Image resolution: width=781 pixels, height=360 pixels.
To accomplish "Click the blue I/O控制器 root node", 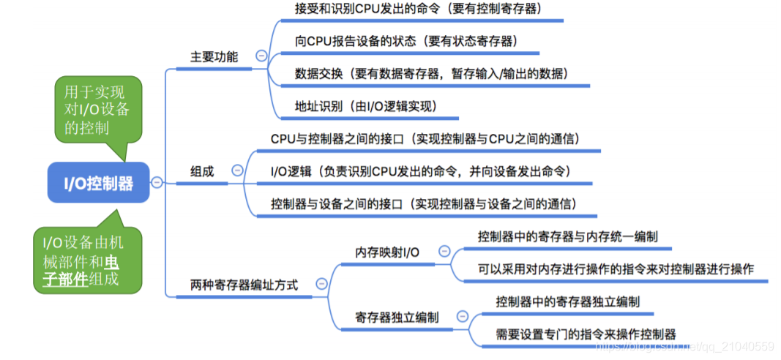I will point(99,183).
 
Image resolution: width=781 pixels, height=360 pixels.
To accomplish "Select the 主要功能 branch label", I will point(214,56).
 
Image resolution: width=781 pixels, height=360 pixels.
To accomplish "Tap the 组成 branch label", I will point(202,171).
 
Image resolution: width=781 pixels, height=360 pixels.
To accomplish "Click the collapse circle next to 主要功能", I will point(261,56).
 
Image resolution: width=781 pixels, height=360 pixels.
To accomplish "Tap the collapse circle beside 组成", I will point(236,170).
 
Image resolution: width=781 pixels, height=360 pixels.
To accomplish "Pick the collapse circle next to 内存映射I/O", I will point(444,251).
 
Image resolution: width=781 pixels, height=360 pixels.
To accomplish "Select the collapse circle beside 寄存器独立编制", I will point(462,316).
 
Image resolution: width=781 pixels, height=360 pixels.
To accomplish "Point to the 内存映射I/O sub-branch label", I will point(387,252).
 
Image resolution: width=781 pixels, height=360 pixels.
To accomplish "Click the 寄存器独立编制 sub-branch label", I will point(397,318).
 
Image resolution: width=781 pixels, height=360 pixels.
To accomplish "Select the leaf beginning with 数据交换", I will point(421,74).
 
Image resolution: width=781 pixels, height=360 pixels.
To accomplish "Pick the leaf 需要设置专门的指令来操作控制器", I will point(586,334).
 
